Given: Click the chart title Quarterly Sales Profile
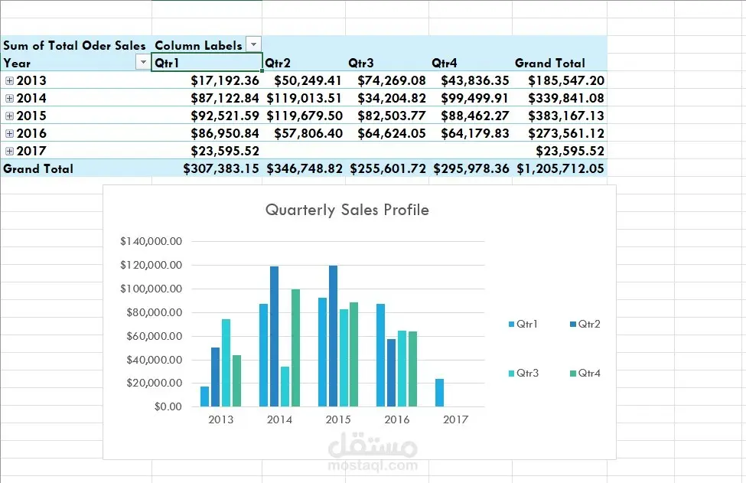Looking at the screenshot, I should (347, 210).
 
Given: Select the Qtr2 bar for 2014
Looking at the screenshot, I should (274, 336).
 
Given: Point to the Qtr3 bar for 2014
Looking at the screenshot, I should (285, 387).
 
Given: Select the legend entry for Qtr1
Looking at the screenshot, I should (523, 325).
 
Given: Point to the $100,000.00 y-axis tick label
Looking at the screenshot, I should (151, 289).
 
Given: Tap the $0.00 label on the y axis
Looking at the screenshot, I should (168, 406).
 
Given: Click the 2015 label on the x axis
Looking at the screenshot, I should (338, 419).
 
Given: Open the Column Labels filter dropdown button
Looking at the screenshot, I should (253, 45).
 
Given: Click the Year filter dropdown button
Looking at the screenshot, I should (142, 63).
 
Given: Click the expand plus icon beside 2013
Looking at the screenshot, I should (9, 80).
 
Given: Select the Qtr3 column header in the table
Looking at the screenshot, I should (361, 63).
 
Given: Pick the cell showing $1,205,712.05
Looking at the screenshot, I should (561, 168).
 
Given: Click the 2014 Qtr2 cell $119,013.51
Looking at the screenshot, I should (304, 98).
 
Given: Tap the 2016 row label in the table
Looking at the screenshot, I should (31, 133).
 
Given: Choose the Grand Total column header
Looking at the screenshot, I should (549, 63).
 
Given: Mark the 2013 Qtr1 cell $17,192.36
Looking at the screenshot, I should (225, 80).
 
